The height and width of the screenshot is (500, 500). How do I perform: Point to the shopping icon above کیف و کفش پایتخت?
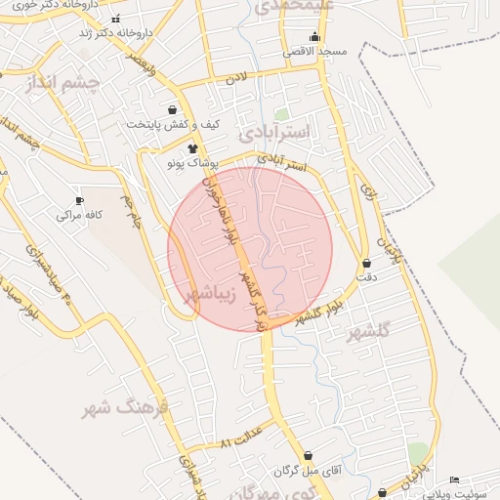[x=173, y=110]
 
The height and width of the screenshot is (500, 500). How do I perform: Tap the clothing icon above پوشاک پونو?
[x=192, y=147]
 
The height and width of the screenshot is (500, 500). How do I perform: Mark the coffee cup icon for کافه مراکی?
[x=79, y=200]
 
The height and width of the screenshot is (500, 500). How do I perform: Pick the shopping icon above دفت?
[x=366, y=264]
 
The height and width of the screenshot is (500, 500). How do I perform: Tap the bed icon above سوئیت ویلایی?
[x=454, y=479]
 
